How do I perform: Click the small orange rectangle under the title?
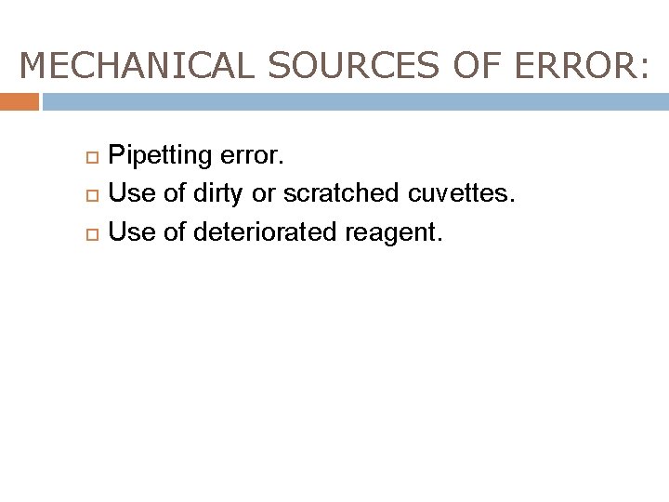pyautogui.click(x=20, y=101)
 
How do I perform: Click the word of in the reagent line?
pyautogui.click(x=175, y=231)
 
